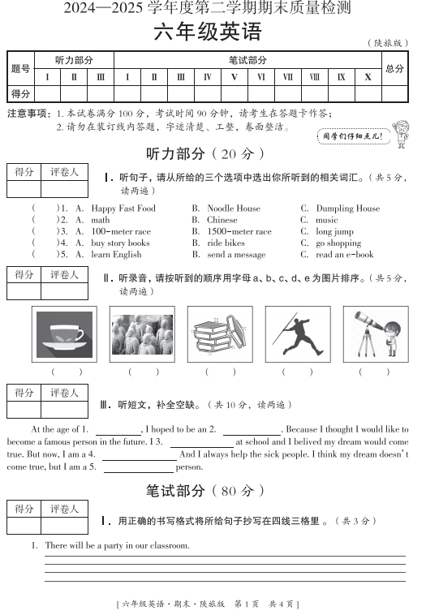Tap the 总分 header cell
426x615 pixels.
click(394, 69)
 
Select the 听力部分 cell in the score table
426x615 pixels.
click(74, 60)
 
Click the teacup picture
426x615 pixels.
click(65, 333)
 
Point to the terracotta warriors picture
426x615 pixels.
click(141, 333)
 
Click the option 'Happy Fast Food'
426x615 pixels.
click(123, 209)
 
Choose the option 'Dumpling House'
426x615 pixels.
click(347, 209)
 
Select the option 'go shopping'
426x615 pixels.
click(338, 243)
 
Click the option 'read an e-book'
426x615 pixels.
click(345, 254)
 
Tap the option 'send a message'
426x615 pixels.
click(236, 254)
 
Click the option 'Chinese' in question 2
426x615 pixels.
click(222, 220)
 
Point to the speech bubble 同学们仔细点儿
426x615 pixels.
click(352, 136)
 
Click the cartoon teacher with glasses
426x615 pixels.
click(400, 132)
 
